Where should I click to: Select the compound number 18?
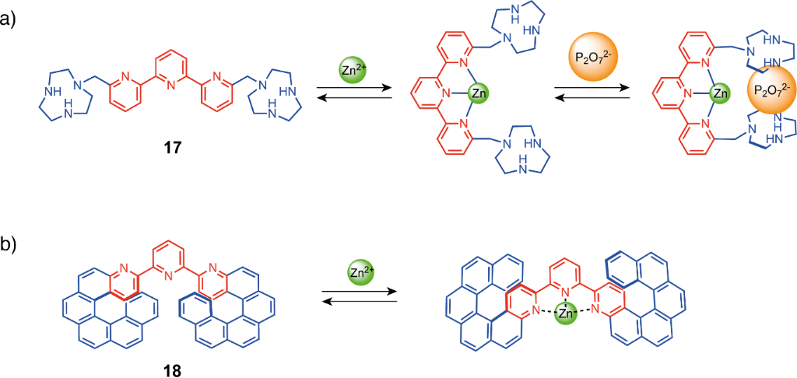tap(170, 368)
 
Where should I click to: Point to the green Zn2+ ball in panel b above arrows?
tap(360, 273)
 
